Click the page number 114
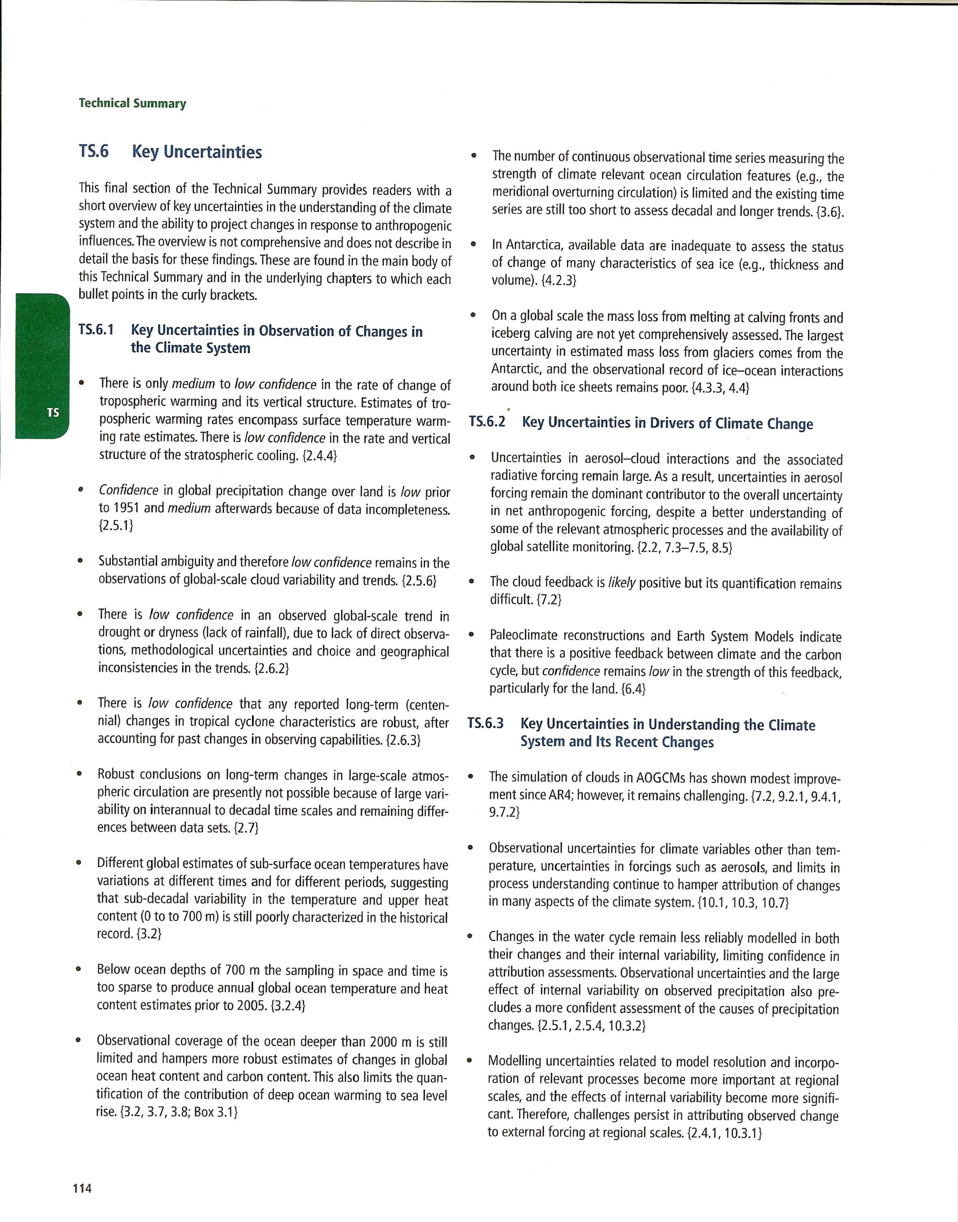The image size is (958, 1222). (82, 1188)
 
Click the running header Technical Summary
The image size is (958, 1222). (132, 103)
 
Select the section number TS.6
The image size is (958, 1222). (94, 151)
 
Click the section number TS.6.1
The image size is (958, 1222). (96, 330)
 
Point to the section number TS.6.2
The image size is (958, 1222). (487, 422)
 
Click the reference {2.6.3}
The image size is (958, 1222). (403, 740)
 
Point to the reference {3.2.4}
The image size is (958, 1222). (288, 1006)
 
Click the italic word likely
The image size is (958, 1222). (621, 583)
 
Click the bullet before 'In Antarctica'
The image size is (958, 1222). (473, 244)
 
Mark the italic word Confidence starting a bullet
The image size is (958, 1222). (128, 491)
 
